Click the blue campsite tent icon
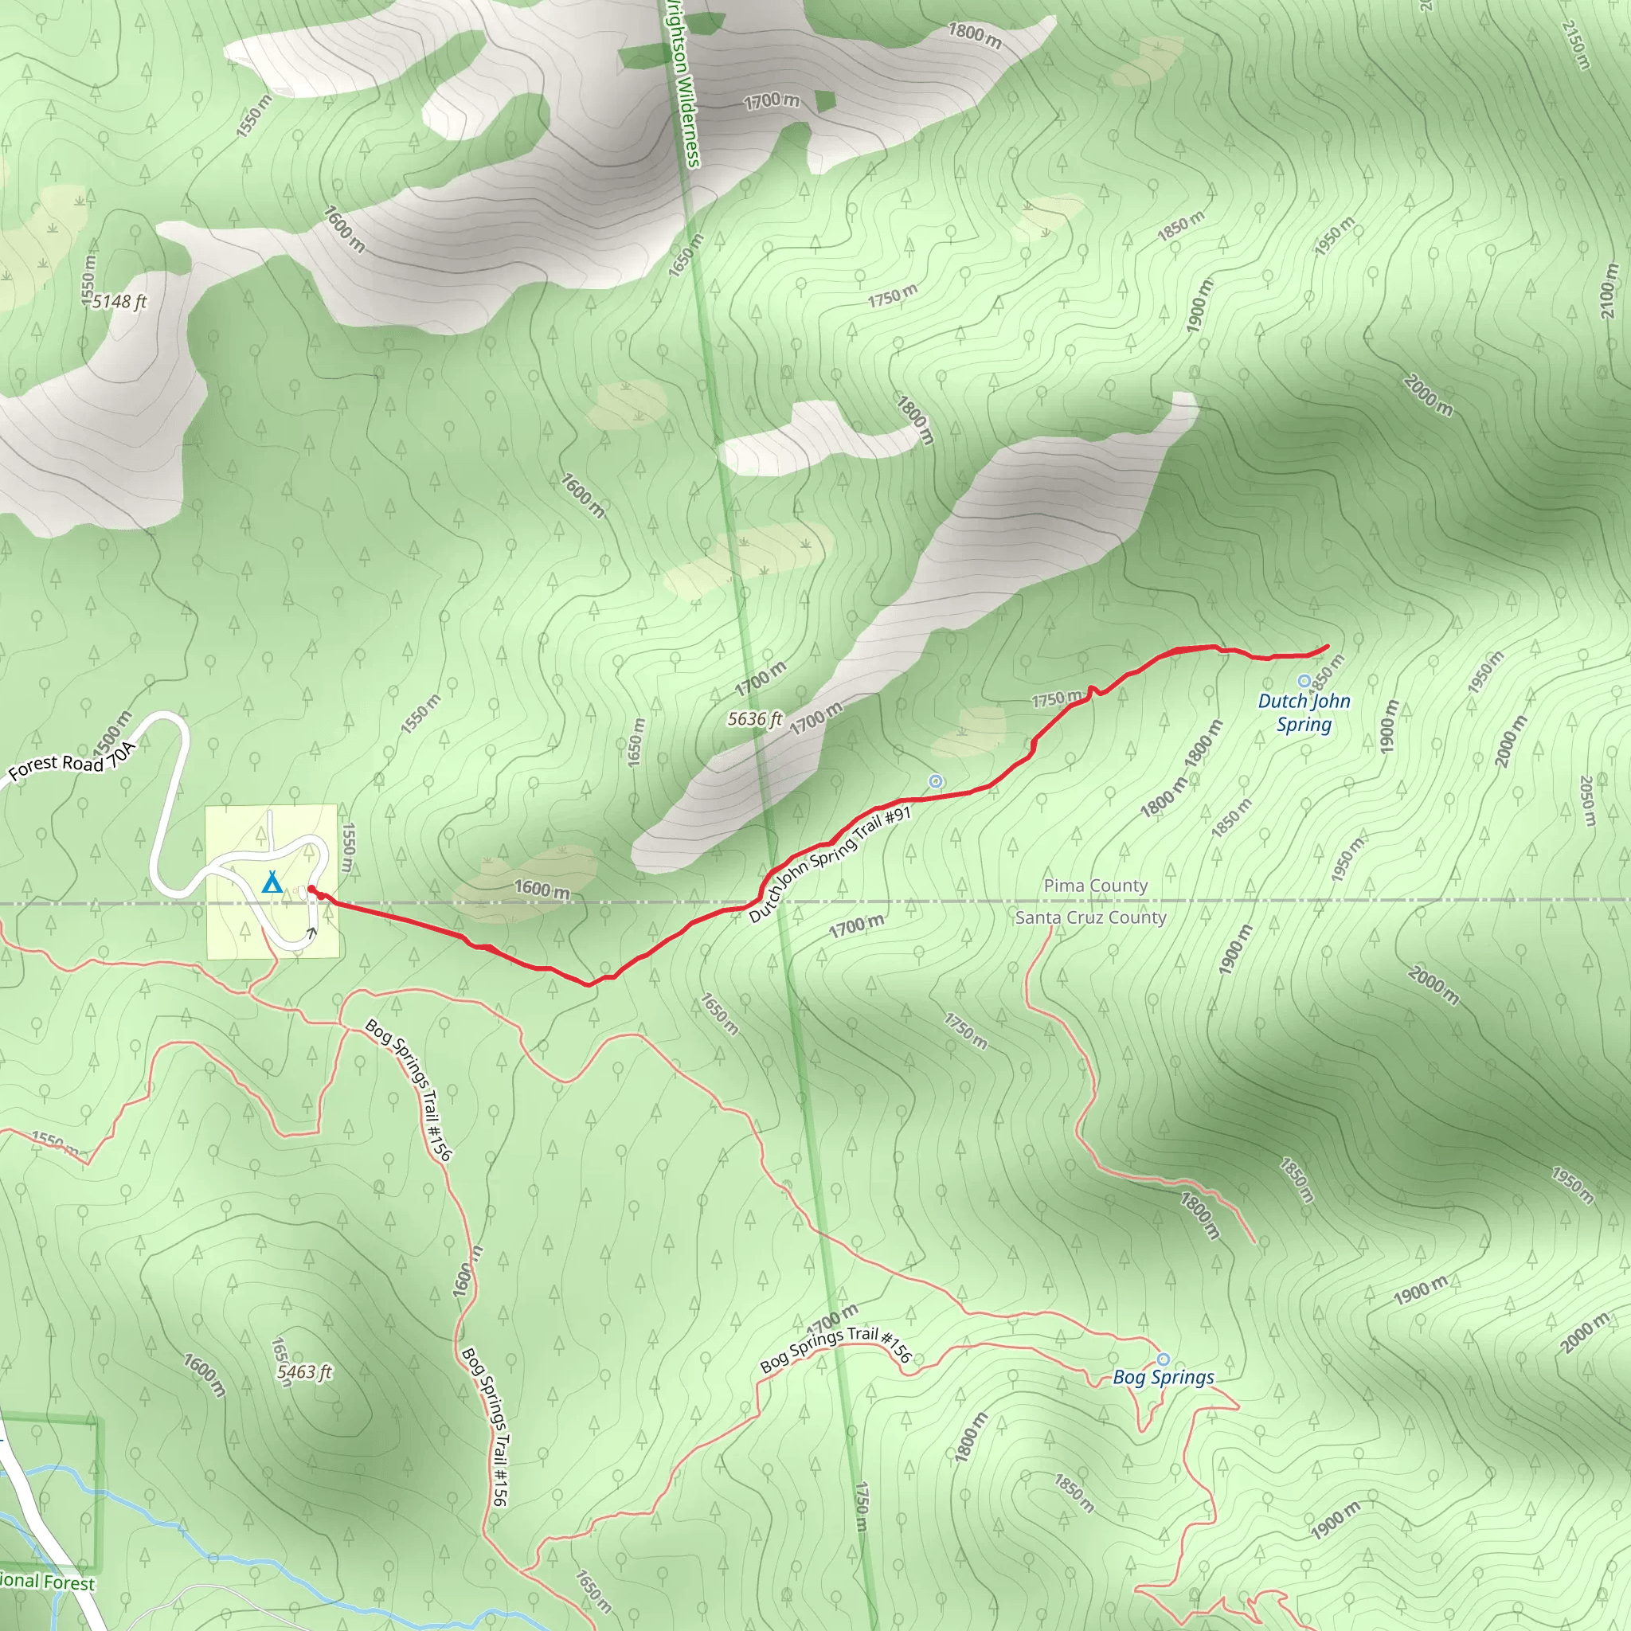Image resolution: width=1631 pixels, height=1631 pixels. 271,884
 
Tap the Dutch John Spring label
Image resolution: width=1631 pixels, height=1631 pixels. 1304,713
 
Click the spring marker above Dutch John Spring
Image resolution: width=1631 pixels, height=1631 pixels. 1304,680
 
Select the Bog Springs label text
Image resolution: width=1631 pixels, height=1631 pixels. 1163,1377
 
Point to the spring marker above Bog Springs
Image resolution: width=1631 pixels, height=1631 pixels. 1163,1359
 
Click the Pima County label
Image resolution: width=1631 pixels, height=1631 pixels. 1095,886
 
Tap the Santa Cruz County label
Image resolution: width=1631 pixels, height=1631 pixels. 1090,917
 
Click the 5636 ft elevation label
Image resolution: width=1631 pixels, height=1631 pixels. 755,719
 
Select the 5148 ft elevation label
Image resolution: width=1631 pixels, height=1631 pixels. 119,301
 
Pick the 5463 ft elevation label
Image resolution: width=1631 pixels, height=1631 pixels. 304,1373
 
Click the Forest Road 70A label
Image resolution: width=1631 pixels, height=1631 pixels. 71,761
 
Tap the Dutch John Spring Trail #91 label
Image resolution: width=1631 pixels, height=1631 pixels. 830,864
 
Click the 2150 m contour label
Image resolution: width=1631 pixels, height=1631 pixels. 1575,44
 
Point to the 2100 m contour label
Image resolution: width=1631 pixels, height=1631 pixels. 1609,291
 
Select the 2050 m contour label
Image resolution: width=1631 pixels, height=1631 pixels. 1587,801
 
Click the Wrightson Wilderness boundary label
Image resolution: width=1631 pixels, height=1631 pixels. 683,84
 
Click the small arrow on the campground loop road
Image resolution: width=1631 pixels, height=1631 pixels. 311,933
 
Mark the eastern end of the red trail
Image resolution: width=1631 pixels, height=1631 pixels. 1328,647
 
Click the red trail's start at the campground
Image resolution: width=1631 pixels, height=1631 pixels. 311,888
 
